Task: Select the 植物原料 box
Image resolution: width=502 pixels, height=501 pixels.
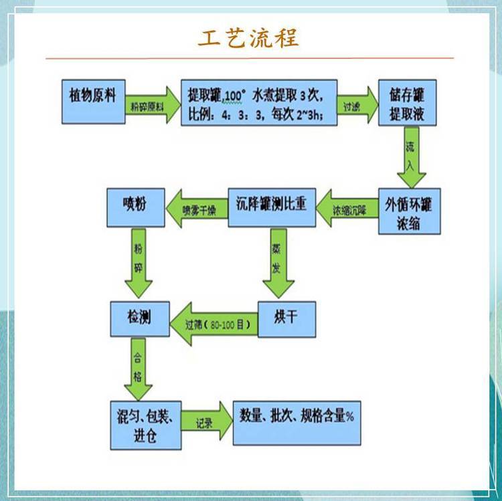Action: [x=92, y=102]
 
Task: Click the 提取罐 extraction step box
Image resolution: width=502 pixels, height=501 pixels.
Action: [x=258, y=102]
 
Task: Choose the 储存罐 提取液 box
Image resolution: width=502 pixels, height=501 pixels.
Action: [x=407, y=102]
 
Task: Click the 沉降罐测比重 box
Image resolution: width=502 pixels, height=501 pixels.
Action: [x=272, y=207]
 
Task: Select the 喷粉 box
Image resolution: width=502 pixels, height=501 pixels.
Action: [x=136, y=207]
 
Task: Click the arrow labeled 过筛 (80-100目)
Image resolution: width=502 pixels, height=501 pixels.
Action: [x=214, y=323]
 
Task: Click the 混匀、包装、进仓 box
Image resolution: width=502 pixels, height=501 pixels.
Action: [x=145, y=425]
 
